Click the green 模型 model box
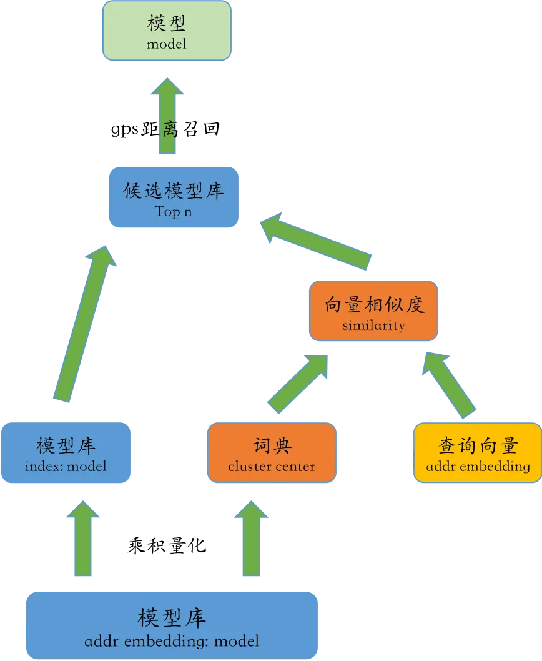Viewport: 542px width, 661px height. (x=167, y=31)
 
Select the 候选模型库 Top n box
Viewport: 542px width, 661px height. (x=174, y=197)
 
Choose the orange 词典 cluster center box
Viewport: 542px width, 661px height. (x=272, y=453)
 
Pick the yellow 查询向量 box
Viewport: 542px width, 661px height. (x=478, y=453)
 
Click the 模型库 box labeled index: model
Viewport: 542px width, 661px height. (x=66, y=453)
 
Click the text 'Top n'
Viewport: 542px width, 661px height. (x=174, y=211)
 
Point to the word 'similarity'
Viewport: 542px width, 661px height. (x=373, y=326)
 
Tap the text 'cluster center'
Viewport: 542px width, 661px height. (x=272, y=466)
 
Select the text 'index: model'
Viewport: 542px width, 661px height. (x=66, y=466)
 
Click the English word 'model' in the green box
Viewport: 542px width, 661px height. (x=167, y=44)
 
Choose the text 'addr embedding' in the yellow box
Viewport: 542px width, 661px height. (x=478, y=466)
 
